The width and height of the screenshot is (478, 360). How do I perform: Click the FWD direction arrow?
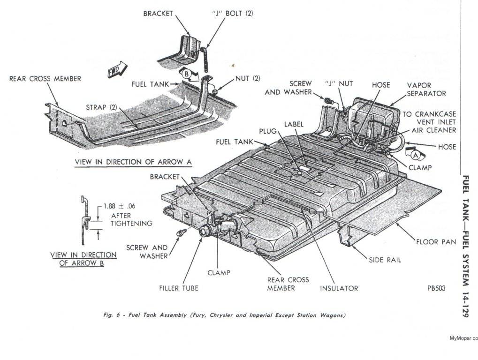pos(116,68)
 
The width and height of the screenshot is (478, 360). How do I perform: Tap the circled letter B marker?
pos(185,73)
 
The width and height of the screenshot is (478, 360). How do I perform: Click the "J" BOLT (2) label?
pos(233,13)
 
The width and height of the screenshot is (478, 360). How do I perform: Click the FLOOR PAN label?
pos(436,242)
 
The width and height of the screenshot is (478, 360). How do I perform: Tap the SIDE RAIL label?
pos(385,260)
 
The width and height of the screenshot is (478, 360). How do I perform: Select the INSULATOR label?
pos(339,288)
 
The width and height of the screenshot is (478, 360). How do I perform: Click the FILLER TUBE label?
pos(178,288)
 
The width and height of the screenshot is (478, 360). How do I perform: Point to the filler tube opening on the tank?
pos(205,231)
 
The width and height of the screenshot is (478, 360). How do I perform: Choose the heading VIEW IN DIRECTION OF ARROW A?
pos(134,162)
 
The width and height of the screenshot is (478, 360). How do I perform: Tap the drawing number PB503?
pos(436,288)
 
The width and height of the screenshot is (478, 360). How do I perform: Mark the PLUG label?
pos(268,131)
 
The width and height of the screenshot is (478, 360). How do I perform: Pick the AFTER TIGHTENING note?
pos(131,219)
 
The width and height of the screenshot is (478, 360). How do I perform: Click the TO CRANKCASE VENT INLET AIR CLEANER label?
pos(429,122)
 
